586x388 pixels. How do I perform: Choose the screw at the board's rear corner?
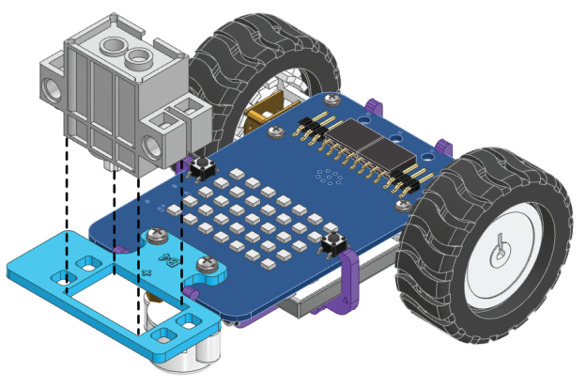click(332, 98)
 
